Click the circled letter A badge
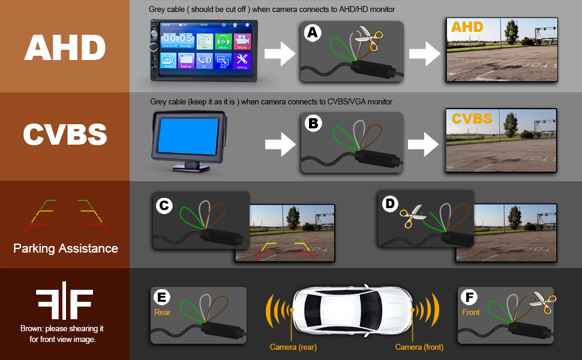311,33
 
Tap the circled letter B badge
312,124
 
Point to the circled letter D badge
390,204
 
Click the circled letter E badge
163,297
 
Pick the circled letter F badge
469,297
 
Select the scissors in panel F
543,303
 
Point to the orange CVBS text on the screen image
472,118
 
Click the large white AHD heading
65,47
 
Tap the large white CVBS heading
65,136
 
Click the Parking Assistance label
65,248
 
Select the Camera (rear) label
293,347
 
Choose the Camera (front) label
419,347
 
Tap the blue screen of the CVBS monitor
187,139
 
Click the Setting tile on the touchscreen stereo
242,61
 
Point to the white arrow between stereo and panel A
280,54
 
